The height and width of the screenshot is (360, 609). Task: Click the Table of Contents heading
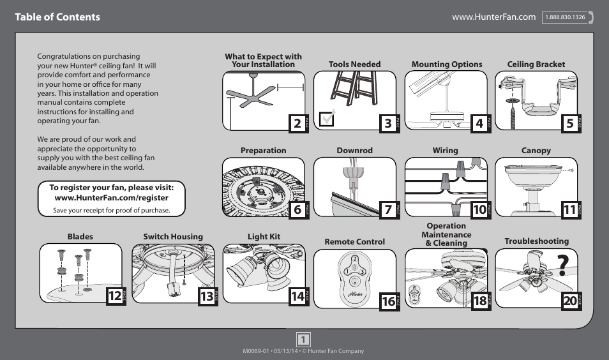click(58, 17)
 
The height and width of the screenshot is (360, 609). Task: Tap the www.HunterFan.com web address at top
click(493, 17)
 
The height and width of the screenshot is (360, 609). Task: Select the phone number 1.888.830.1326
click(566, 17)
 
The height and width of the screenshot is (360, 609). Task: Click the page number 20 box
click(569, 301)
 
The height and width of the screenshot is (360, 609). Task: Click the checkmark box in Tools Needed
click(327, 119)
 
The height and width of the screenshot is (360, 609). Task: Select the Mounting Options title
click(446, 64)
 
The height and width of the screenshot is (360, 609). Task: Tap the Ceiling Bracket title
click(536, 64)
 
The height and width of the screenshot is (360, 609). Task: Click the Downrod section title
click(354, 151)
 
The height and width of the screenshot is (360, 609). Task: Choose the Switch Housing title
click(172, 237)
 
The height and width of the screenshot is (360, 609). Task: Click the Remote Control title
click(354, 242)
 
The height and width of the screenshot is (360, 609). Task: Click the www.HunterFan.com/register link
click(112, 198)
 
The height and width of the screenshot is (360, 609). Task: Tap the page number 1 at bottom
click(304, 339)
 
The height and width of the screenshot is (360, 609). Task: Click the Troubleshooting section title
click(536, 241)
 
